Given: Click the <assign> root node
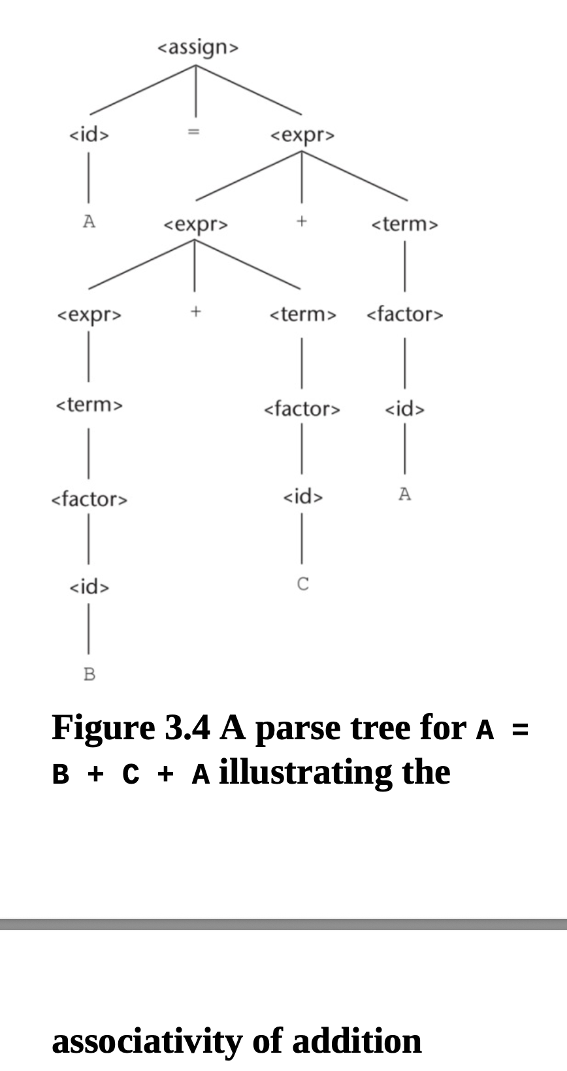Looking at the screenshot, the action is click(199, 48).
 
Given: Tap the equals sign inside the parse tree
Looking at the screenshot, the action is click(193, 133).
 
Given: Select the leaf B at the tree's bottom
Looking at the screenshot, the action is click(89, 674).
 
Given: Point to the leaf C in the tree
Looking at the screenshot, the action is click(302, 584).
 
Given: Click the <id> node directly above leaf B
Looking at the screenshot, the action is click(89, 587).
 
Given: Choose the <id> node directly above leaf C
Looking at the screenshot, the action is click(302, 497).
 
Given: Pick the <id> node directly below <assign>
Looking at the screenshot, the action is click(89, 135).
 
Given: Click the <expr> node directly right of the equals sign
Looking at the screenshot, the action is click(302, 135).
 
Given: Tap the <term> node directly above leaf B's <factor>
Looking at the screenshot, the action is click(89, 405).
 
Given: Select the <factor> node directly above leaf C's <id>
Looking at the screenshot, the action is click(302, 409).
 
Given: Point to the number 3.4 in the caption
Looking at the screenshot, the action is click(187, 728).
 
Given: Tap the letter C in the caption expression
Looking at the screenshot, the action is click(131, 775).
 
